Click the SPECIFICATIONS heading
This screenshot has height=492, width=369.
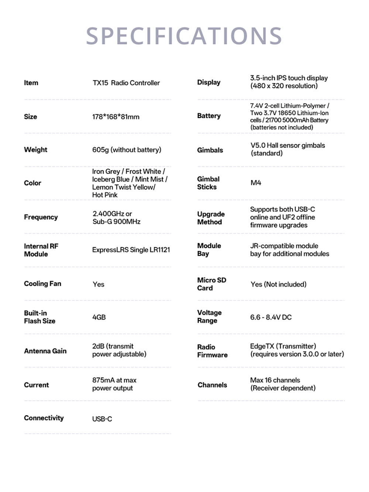(x=184, y=36)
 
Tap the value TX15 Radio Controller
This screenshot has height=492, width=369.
(x=126, y=83)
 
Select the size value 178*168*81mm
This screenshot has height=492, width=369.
(x=116, y=117)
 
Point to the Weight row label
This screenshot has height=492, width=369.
(x=36, y=150)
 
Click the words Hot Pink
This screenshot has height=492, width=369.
(x=105, y=195)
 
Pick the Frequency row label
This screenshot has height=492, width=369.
(x=41, y=217)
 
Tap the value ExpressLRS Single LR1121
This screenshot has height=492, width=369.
(x=131, y=250)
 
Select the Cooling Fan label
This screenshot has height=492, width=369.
(x=42, y=284)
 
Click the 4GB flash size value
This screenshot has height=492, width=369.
(x=99, y=317)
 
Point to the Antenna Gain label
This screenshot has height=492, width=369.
(x=45, y=351)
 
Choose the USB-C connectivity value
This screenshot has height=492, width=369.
(x=102, y=419)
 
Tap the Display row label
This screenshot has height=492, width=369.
(x=209, y=82)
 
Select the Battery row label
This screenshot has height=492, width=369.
(x=209, y=116)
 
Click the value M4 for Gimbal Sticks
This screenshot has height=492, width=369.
(x=256, y=183)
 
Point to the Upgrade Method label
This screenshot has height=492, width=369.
(x=211, y=218)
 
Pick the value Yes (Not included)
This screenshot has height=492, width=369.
(x=279, y=284)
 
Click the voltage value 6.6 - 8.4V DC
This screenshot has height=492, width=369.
(x=271, y=317)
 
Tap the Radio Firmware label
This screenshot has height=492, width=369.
(x=212, y=351)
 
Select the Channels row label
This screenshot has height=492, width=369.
(x=212, y=385)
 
